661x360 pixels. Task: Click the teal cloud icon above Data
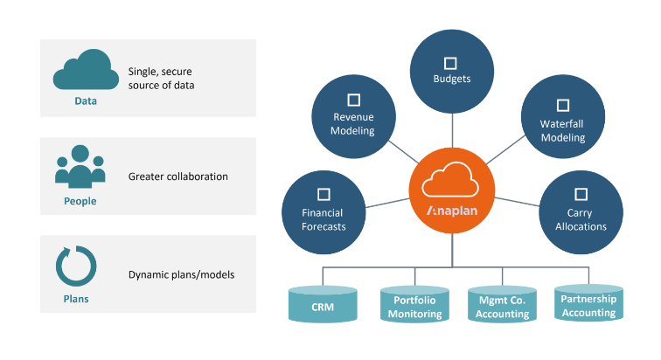tap(85, 73)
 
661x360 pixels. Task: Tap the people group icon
tap(80, 166)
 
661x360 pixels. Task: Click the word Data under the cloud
tap(85, 101)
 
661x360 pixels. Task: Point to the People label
tap(80, 201)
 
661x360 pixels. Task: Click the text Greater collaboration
tap(177, 177)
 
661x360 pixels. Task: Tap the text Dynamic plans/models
tap(181, 274)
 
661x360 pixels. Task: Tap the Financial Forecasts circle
tap(323, 211)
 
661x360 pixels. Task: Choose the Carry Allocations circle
tap(581, 211)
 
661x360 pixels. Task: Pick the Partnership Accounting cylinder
tap(588, 304)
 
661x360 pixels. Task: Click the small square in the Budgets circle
tap(451, 63)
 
